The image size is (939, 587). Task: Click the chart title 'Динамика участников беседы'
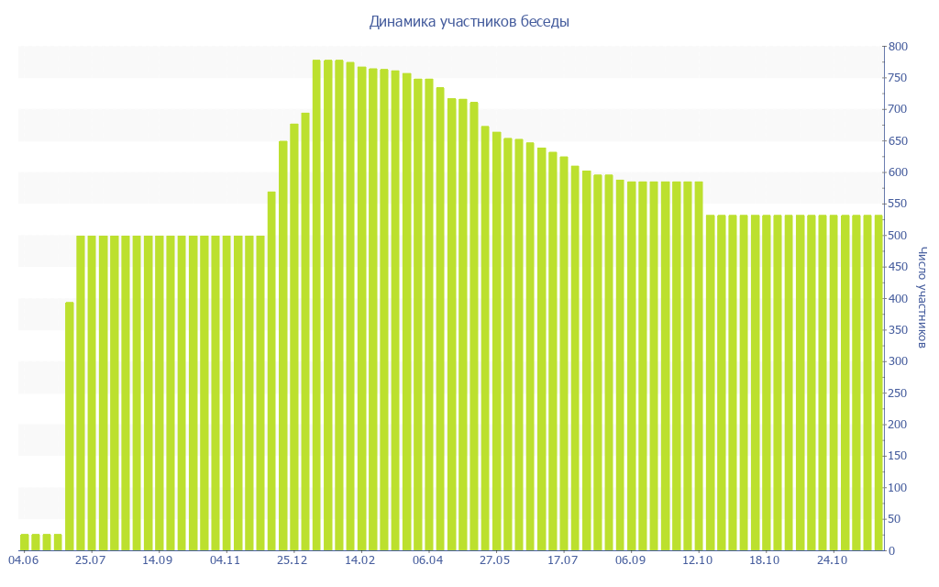pos(469,21)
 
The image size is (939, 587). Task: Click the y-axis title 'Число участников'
pos(922,298)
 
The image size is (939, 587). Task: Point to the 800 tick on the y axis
pos(897,47)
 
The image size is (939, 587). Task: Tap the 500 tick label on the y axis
pos(897,236)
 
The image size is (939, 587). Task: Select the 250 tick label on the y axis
pos(897,393)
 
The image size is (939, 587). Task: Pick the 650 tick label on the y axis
pos(897,141)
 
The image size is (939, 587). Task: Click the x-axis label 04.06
pos(23,560)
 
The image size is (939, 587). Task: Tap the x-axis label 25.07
pos(91,560)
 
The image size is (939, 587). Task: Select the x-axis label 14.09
pos(158,560)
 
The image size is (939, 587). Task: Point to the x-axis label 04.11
pos(226,560)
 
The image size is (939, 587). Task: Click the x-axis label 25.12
pos(293,560)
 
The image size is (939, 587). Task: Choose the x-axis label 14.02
pos(360,560)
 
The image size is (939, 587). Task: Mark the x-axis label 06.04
pos(427,560)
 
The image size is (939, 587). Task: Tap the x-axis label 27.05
pos(495,560)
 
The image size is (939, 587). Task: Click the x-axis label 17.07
pos(562,560)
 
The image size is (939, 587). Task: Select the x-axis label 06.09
pos(630,560)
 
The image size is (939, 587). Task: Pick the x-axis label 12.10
pos(698,560)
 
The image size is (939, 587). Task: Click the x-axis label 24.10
pos(832,560)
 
